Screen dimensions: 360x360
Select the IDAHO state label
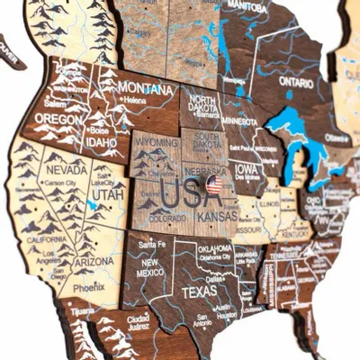tap(100, 141)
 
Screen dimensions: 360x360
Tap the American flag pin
tap(214, 184)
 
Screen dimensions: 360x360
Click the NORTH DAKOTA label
tap(202, 103)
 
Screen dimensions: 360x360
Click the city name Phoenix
tap(89, 288)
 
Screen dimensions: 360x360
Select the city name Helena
tap(136, 101)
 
